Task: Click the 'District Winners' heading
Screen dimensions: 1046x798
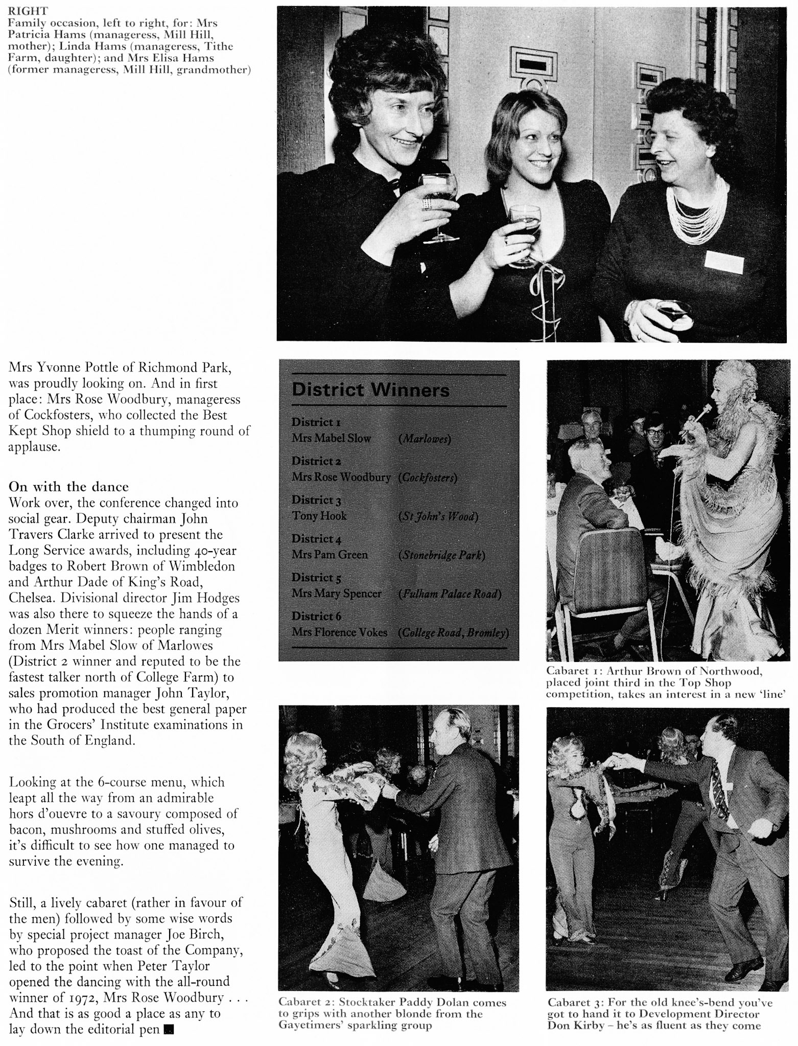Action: [x=370, y=391]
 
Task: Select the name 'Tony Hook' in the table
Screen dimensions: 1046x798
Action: [x=319, y=516]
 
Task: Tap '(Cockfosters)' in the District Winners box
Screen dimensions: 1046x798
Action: [x=427, y=478]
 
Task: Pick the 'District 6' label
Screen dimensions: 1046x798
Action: [x=316, y=616]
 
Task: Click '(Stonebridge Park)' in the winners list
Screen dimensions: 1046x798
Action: [x=441, y=555]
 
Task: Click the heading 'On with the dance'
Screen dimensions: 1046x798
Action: [x=69, y=486]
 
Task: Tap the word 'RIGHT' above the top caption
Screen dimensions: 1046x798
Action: [x=25, y=11]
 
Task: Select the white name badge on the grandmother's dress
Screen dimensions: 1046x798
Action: [x=723, y=261]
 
